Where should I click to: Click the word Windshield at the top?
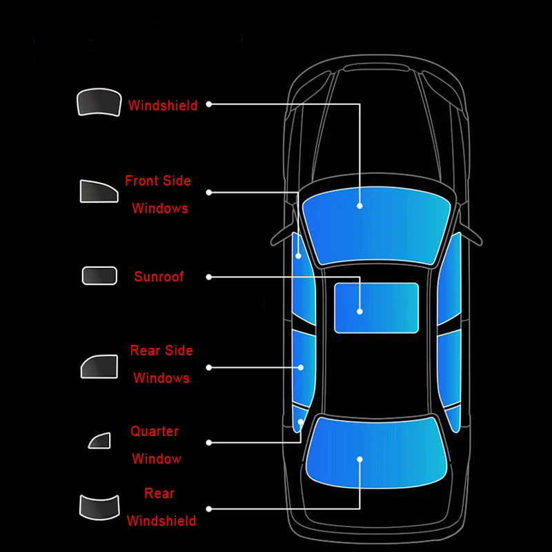click(163, 106)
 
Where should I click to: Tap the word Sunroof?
click(159, 277)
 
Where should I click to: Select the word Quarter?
click(155, 431)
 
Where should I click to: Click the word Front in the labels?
click(138, 181)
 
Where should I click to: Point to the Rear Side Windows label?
click(161, 364)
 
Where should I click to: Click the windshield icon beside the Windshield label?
click(98, 103)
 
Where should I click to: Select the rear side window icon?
click(99, 366)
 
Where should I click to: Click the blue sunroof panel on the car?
click(377, 307)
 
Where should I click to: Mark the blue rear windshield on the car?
click(376, 453)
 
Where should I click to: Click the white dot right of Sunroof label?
click(209, 277)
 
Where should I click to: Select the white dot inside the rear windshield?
click(359, 458)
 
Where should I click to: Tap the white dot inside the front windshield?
click(359, 206)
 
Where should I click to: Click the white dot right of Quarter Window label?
click(208, 442)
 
